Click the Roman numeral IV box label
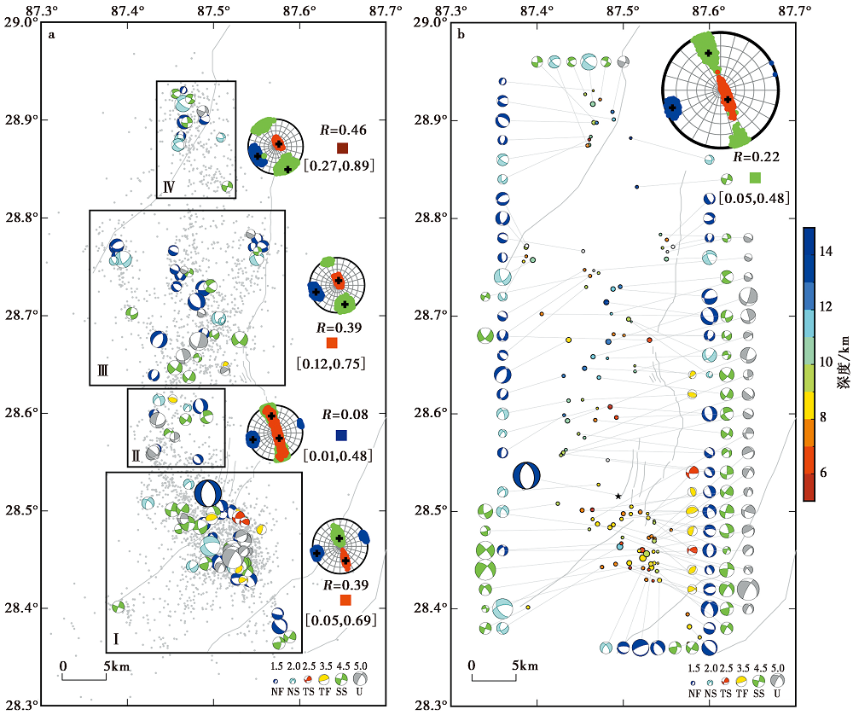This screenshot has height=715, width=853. pyautogui.click(x=169, y=187)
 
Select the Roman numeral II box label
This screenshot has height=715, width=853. pyautogui.click(x=136, y=455)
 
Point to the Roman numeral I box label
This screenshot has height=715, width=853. pyautogui.click(x=116, y=638)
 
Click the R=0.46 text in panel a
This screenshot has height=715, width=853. pyautogui.click(x=343, y=130)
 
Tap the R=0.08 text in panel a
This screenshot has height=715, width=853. pyautogui.click(x=345, y=415)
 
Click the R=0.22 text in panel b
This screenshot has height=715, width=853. pyautogui.click(x=756, y=157)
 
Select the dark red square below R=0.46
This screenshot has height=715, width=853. pyautogui.click(x=342, y=148)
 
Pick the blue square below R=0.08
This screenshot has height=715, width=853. pyautogui.click(x=342, y=435)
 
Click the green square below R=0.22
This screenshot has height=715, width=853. pyautogui.click(x=755, y=177)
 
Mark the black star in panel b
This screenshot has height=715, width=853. pyautogui.click(x=618, y=497)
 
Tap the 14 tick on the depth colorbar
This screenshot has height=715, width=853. pyautogui.click(x=826, y=252)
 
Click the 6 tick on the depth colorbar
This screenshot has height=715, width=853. pyautogui.click(x=823, y=473)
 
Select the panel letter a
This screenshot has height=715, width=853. pyautogui.click(x=52, y=35)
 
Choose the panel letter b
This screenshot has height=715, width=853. pyautogui.click(x=461, y=35)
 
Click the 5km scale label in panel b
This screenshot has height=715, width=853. pyautogui.click(x=525, y=666)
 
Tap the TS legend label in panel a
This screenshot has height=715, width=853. pyautogui.click(x=309, y=692)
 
